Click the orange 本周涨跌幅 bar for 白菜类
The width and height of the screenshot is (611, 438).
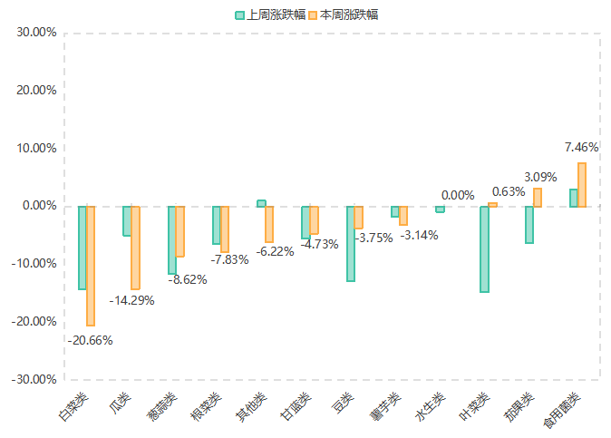click(x=91, y=266)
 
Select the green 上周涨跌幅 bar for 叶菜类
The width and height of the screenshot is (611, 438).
click(x=485, y=249)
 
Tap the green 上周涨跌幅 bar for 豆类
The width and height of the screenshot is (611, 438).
click(x=350, y=244)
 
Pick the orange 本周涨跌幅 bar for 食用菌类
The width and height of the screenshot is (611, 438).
click(x=582, y=185)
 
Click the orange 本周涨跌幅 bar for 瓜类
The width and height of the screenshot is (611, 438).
click(x=135, y=248)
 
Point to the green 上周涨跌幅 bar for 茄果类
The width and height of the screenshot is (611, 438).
click(x=529, y=225)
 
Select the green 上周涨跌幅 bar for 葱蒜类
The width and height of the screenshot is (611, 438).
click(x=171, y=240)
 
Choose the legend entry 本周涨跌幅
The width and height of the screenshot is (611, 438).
click(x=344, y=15)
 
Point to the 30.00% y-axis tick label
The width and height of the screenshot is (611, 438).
click(x=37, y=33)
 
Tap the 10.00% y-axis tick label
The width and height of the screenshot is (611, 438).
click(x=37, y=149)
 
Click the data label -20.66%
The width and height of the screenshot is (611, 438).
click(x=90, y=340)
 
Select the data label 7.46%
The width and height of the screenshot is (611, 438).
click(x=581, y=147)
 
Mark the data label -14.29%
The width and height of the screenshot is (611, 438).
click(x=131, y=300)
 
